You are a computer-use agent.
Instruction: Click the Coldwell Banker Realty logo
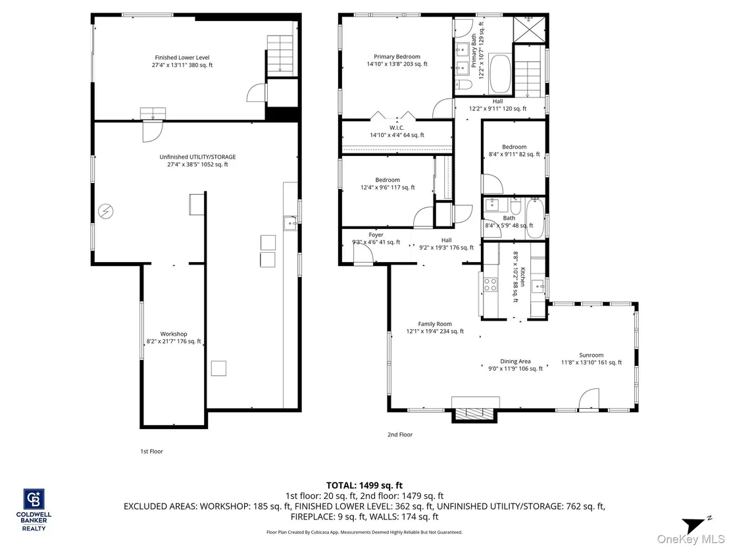(34, 509)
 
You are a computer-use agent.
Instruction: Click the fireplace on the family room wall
(475, 414)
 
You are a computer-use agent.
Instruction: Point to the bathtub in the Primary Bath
(500, 74)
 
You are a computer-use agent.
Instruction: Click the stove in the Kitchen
(490, 284)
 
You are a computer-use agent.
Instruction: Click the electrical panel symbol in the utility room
(106, 211)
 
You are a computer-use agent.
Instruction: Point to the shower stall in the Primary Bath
(528, 30)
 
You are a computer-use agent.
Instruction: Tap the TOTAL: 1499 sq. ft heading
(364, 486)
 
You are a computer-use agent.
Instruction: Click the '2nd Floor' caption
(400, 434)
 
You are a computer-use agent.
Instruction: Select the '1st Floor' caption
(151, 451)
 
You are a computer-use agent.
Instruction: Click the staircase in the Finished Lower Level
(280, 55)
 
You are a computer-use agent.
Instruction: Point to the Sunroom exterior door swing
(588, 400)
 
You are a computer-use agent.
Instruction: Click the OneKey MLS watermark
(690, 539)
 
